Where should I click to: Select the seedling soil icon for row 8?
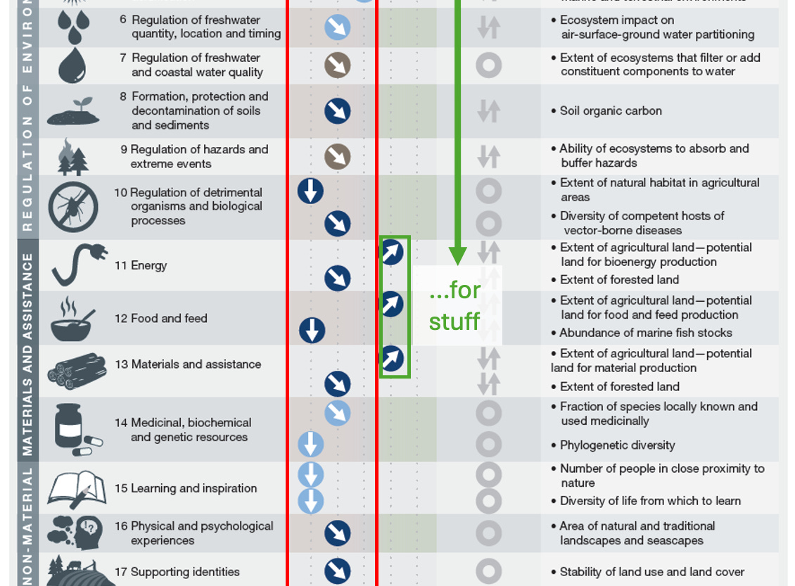click(73, 110)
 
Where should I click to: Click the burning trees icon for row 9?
click(72, 156)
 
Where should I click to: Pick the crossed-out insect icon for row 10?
click(72, 208)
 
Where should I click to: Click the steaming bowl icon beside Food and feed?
click(70, 319)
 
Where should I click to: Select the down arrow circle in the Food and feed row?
click(312, 330)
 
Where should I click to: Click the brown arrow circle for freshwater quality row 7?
click(338, 65)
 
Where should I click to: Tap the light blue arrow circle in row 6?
click(338, 27)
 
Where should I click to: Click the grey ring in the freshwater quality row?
click(488, 65)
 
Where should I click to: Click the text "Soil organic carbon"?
click(611, 110)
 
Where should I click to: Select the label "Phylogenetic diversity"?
click(617, 445)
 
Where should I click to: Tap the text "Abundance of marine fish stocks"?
click(646, 333)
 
